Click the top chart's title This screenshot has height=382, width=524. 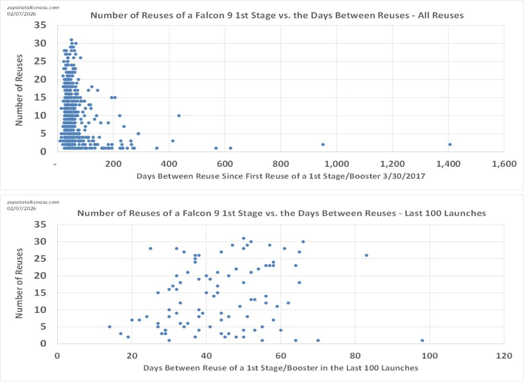pyautogui.click(x=277, y=15)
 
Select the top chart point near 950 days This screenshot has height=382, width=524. pyautogui.click(x=323, y=144)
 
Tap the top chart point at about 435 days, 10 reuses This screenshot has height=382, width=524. pyautogui.click(x=179, y=116)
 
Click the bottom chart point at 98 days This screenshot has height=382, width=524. pyautogui.click(x=422, y=340)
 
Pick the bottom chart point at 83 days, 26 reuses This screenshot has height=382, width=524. pyautogui.click(x=366, y=255)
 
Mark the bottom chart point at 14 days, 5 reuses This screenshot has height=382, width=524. pyautogui.click(x=110, y=327)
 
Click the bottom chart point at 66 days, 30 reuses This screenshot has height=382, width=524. pyautogui.click(x=303, y=241)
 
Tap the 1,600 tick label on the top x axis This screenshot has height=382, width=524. pyautogui.click(x=504, y=164)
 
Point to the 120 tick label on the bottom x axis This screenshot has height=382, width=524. pyautogui.click(x=504, y=355)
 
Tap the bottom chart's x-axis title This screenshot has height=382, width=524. pyautogui.click(x=281, y=368)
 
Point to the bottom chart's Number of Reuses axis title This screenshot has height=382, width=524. pyautogui.click(x=20, y=284)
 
